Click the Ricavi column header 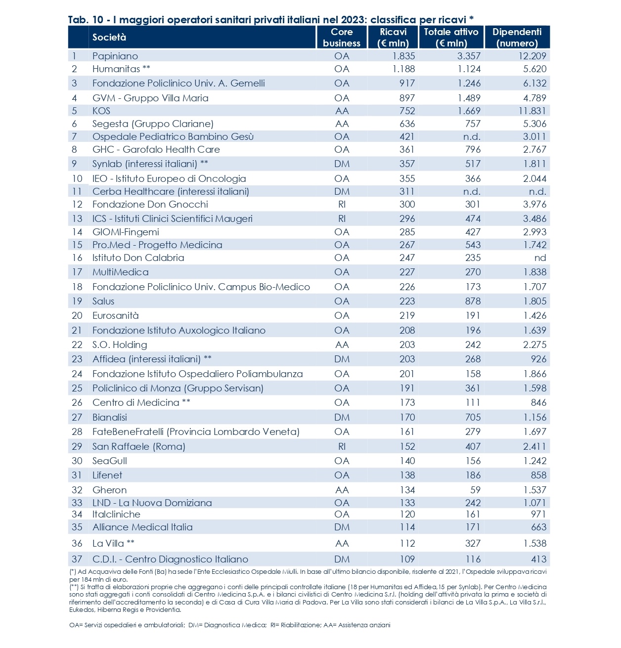click(393, 37)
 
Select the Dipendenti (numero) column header click(517, 37)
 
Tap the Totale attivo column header click(451, 37)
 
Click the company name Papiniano click(115, 56)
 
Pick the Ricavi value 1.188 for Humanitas click(403, 69)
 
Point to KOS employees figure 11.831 click(532, 111)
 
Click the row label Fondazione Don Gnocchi click(150, 204)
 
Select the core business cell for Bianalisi click(342, 417)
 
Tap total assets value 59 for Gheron click(475, 490)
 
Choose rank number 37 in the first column click(77, 559)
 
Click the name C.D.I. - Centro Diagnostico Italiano click(170, 559)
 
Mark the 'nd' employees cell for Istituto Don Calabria click(540, 258)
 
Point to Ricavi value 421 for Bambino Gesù click(407, 136)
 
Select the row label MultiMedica click(120, 272)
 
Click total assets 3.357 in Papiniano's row click(469, 56)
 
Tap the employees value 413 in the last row click(538, 559)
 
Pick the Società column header click(109, 37)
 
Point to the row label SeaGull click(110, 461)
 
